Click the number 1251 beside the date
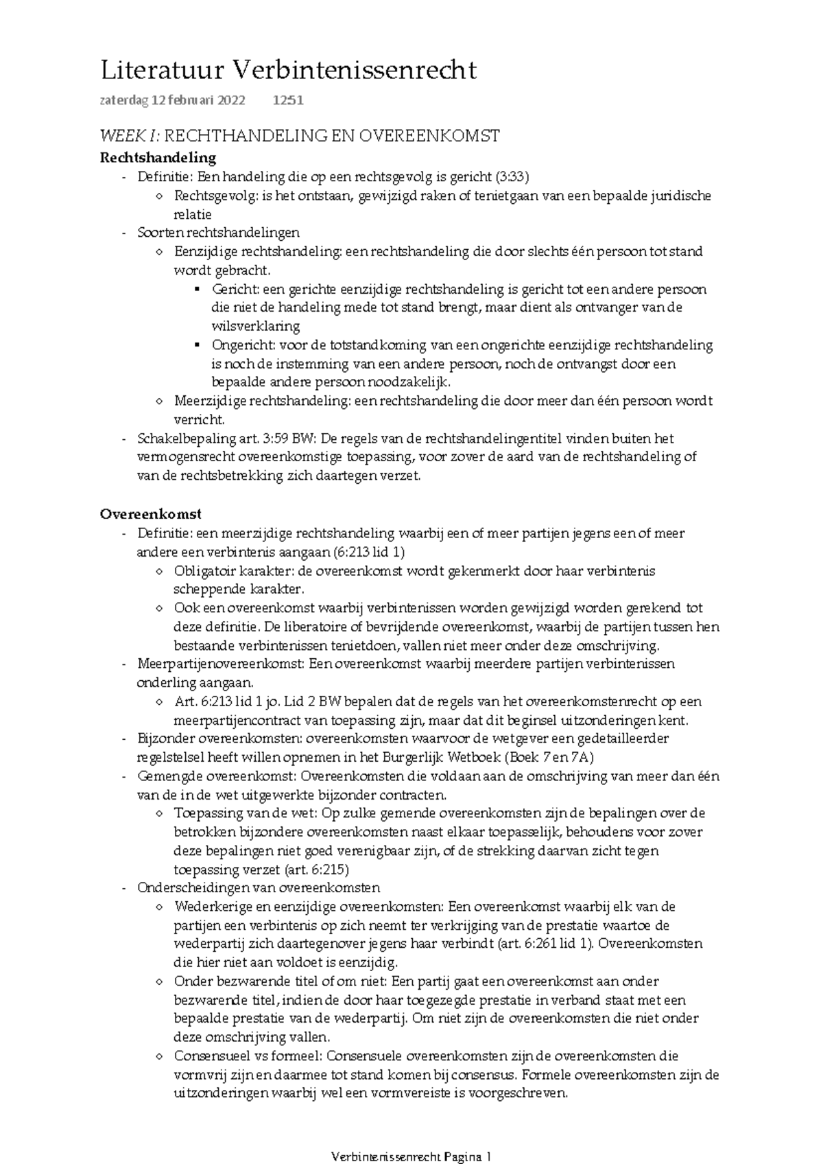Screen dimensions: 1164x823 point(287,101)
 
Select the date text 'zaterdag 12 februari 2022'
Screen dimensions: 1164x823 point(172,101)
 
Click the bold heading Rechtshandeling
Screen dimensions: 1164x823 point(158,158)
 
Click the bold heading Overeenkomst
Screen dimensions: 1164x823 point(150,514)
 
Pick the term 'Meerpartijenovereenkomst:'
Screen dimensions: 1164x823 point(221,664)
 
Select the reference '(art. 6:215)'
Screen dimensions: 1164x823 point(317,870)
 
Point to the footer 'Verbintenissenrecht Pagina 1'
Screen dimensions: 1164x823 point(411,1156)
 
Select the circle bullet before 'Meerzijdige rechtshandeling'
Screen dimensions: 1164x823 point(160,401)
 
